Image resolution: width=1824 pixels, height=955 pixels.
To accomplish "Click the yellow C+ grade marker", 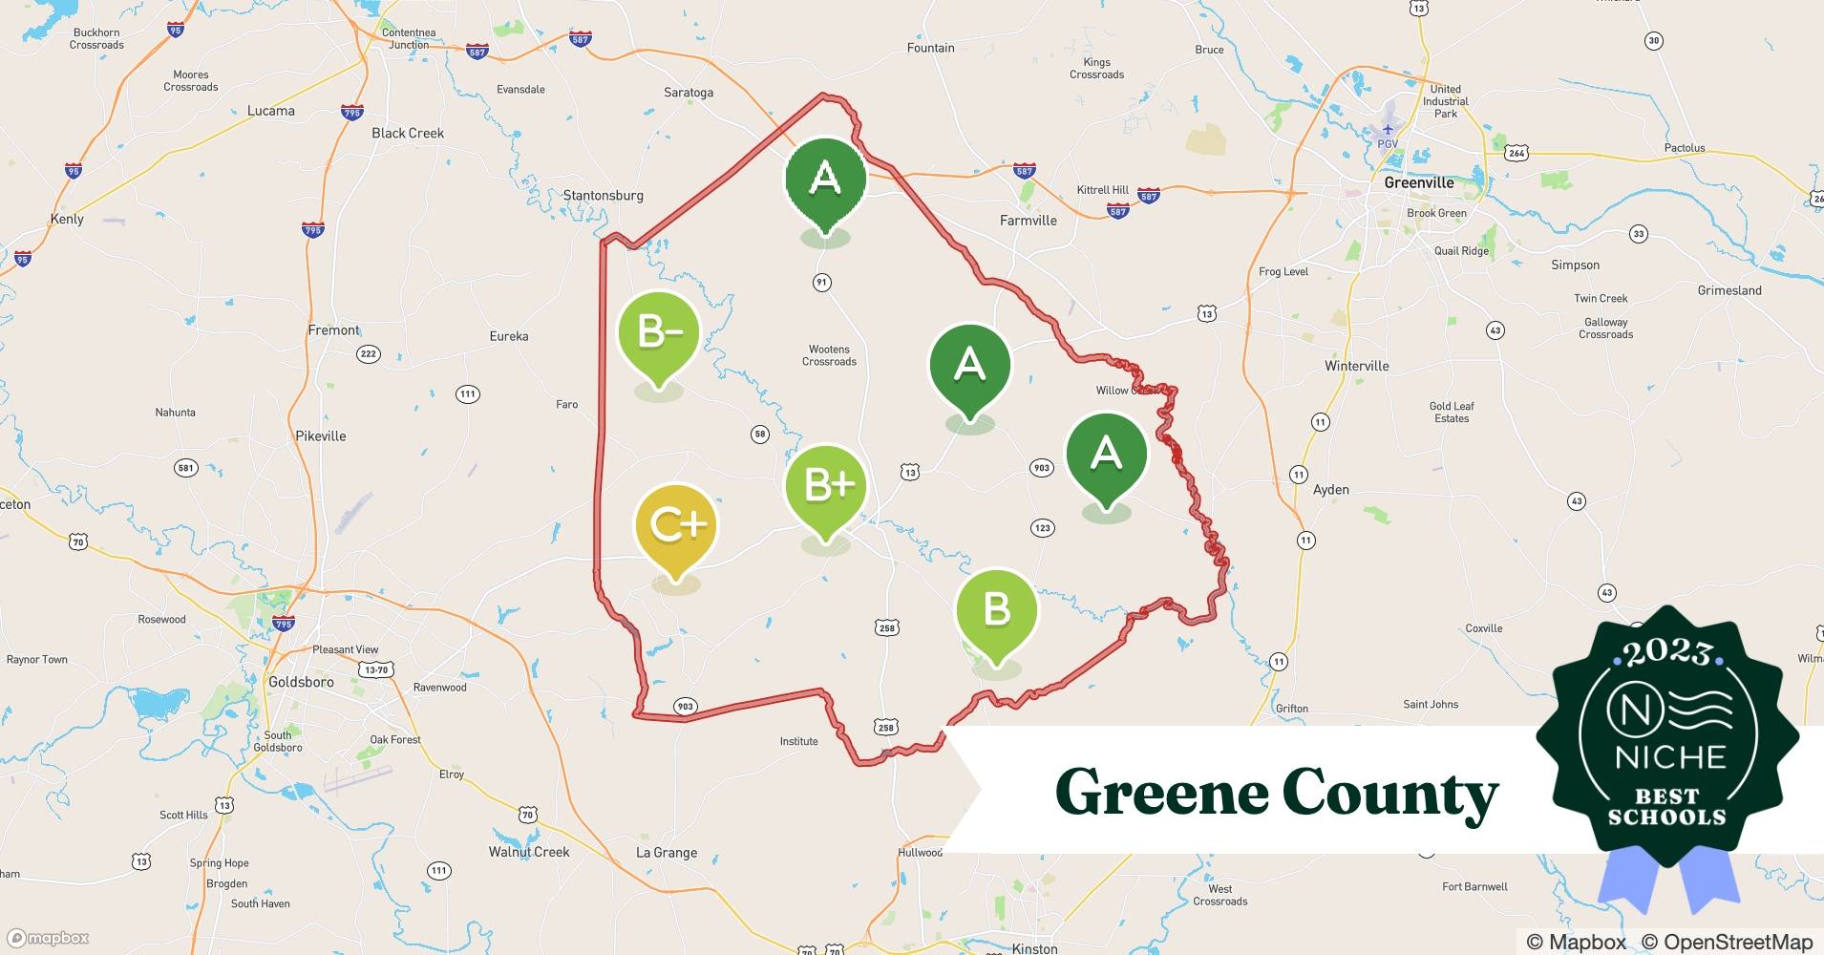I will coord(676,525).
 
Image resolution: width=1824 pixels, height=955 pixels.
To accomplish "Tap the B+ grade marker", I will coord(826,485).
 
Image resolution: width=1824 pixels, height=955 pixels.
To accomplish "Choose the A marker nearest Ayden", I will coord(1106,453).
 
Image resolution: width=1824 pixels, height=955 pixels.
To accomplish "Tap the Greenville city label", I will coord(1418,182).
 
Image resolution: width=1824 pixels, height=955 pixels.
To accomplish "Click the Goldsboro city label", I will coord(301,682).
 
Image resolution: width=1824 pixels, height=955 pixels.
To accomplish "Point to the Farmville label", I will coord(1028,221).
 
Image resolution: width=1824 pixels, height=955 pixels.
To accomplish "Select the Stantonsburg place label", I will coord(603,196).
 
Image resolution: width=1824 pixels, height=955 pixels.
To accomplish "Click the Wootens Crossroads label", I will coord(829,355).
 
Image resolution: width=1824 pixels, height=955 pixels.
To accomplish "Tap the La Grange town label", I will coord(667,853).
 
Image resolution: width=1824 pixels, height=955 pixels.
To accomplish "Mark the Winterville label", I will coord(1356,366).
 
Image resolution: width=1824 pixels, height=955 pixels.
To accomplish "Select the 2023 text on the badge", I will coord(1667,652).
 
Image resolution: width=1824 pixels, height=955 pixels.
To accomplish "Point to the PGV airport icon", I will coord(1388,129).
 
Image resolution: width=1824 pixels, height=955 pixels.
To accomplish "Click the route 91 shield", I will coord(821,282).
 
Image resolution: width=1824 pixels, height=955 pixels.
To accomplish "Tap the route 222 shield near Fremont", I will coord(368,354).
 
